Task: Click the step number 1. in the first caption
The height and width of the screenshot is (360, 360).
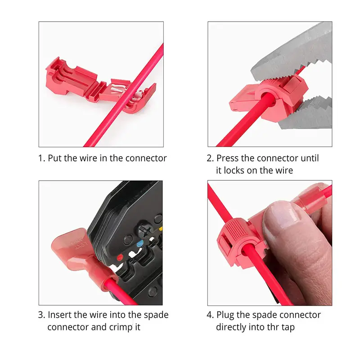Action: (x=41, y=158)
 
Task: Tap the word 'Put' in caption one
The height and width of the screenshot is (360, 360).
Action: (x=54, y=158)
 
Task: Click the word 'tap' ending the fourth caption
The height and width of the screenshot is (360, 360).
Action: (x=288, y=328)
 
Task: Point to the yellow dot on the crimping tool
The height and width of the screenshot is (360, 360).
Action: (x=161, y=229)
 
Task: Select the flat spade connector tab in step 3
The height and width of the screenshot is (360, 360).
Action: (x=71, y=243)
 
